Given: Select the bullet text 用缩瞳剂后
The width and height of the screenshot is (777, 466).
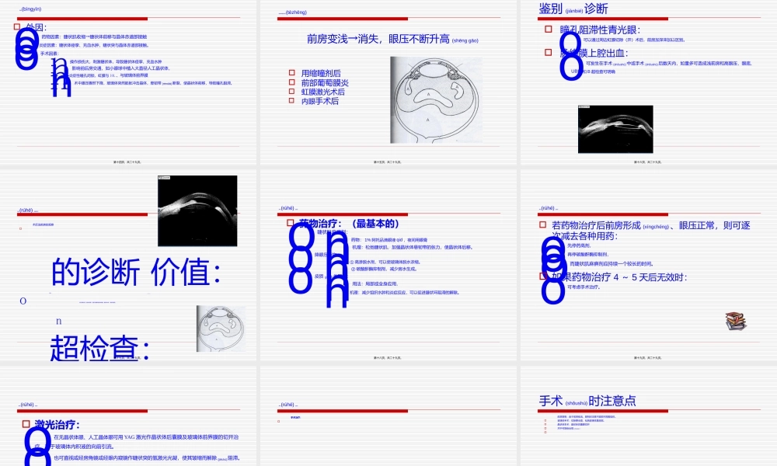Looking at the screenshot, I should coord(320,73).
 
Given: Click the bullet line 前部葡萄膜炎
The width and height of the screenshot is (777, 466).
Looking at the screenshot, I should coord(324,82).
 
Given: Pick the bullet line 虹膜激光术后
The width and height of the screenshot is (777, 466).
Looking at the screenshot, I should coord(322,92).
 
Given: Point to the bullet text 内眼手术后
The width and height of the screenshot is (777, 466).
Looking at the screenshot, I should coord(320,101).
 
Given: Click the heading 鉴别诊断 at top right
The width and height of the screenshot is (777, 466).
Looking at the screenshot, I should coord(573,9).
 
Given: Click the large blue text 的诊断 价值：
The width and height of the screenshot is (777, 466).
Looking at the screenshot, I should coord(136,273).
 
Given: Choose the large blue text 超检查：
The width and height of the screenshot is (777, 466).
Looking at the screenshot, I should coord(99,348).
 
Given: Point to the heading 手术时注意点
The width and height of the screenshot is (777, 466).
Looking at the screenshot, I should coord(587,401).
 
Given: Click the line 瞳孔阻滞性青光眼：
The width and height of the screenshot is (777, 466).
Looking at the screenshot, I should coord(600,30).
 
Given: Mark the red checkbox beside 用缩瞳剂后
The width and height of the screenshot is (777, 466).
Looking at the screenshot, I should coord(291,73).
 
